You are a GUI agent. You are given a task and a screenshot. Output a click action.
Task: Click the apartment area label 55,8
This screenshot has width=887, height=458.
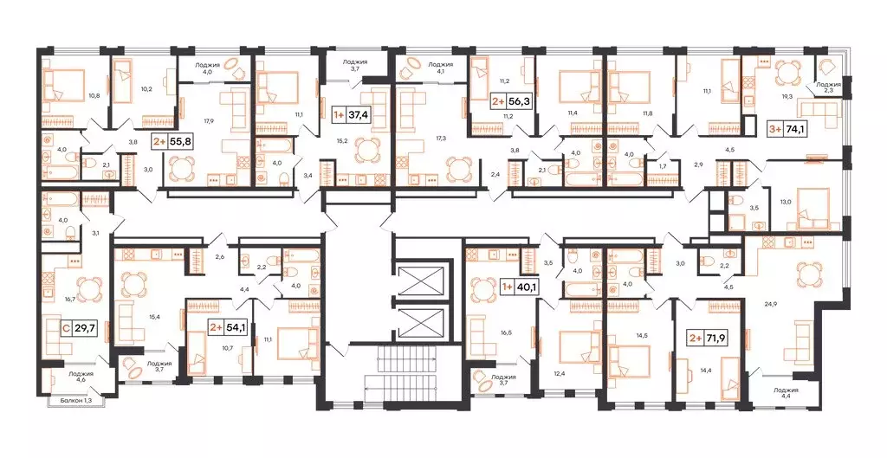(x=172, y=139)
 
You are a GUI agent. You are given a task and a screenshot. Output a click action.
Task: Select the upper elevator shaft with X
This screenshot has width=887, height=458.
(x=419, y=280)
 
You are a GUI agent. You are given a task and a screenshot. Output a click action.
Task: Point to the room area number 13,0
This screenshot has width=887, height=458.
(x=785, y=202)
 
